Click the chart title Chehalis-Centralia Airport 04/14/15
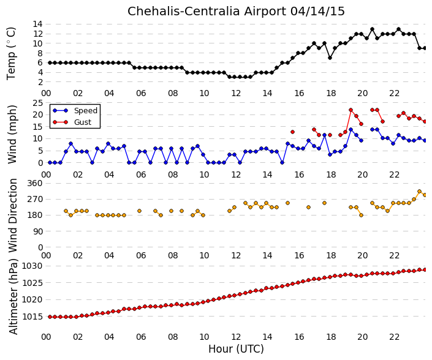(236, 11)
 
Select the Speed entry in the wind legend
(86, 111)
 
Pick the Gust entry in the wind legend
(83, 122)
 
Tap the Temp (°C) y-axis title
(12, 54)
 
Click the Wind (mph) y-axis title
(12, 135)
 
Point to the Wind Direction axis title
(13, 216)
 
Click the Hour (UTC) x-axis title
(236, 349)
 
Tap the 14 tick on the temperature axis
(38, 24)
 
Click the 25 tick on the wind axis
(38, 103)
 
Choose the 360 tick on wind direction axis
(35, 183)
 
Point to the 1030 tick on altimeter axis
(32, 266)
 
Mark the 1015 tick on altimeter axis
(32, 317)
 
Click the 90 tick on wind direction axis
(38, 231)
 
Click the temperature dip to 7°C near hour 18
(330, 58)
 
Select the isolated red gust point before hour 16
(292, 132)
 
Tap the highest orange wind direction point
(419, 191)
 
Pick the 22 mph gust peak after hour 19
(351, 110)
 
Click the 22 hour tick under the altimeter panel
(394, 337)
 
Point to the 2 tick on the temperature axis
(40, 82)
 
